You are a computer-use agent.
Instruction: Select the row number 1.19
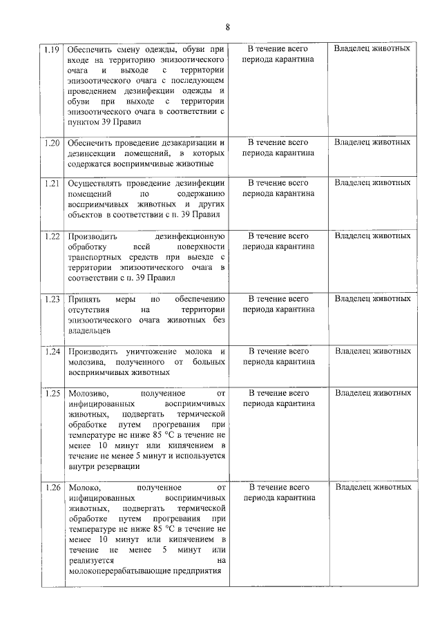pos(51,50)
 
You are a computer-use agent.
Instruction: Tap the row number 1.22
pos(51,236)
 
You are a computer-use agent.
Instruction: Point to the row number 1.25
pos(51,394)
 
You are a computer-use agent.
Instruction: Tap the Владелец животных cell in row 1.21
pos(372,183)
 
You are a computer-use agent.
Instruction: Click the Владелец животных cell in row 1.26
pos(372,488)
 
